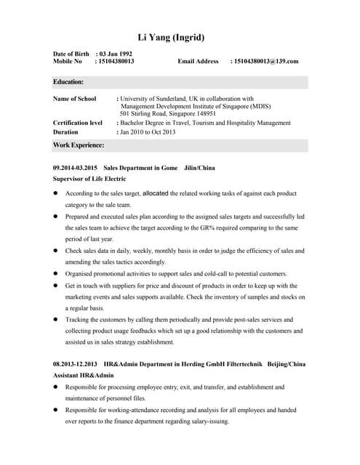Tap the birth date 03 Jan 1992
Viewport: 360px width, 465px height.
[x=116, y=54]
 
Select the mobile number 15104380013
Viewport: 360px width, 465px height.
[x=116, y=62]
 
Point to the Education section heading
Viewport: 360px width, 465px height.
[x=68, y=82]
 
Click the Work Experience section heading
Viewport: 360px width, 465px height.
[x=79, y=145]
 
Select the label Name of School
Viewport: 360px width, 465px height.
[x=75, y=98]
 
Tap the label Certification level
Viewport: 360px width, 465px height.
[x=78, y=123]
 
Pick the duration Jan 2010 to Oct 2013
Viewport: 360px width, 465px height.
[x=148, y=132]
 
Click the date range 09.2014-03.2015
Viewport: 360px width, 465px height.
[x=75, y=168]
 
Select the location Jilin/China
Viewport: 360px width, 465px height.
[x=200, y=168]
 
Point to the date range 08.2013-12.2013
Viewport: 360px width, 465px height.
[x=75, y=363]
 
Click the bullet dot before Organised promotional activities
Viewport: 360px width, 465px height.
[x=56, y=273]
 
